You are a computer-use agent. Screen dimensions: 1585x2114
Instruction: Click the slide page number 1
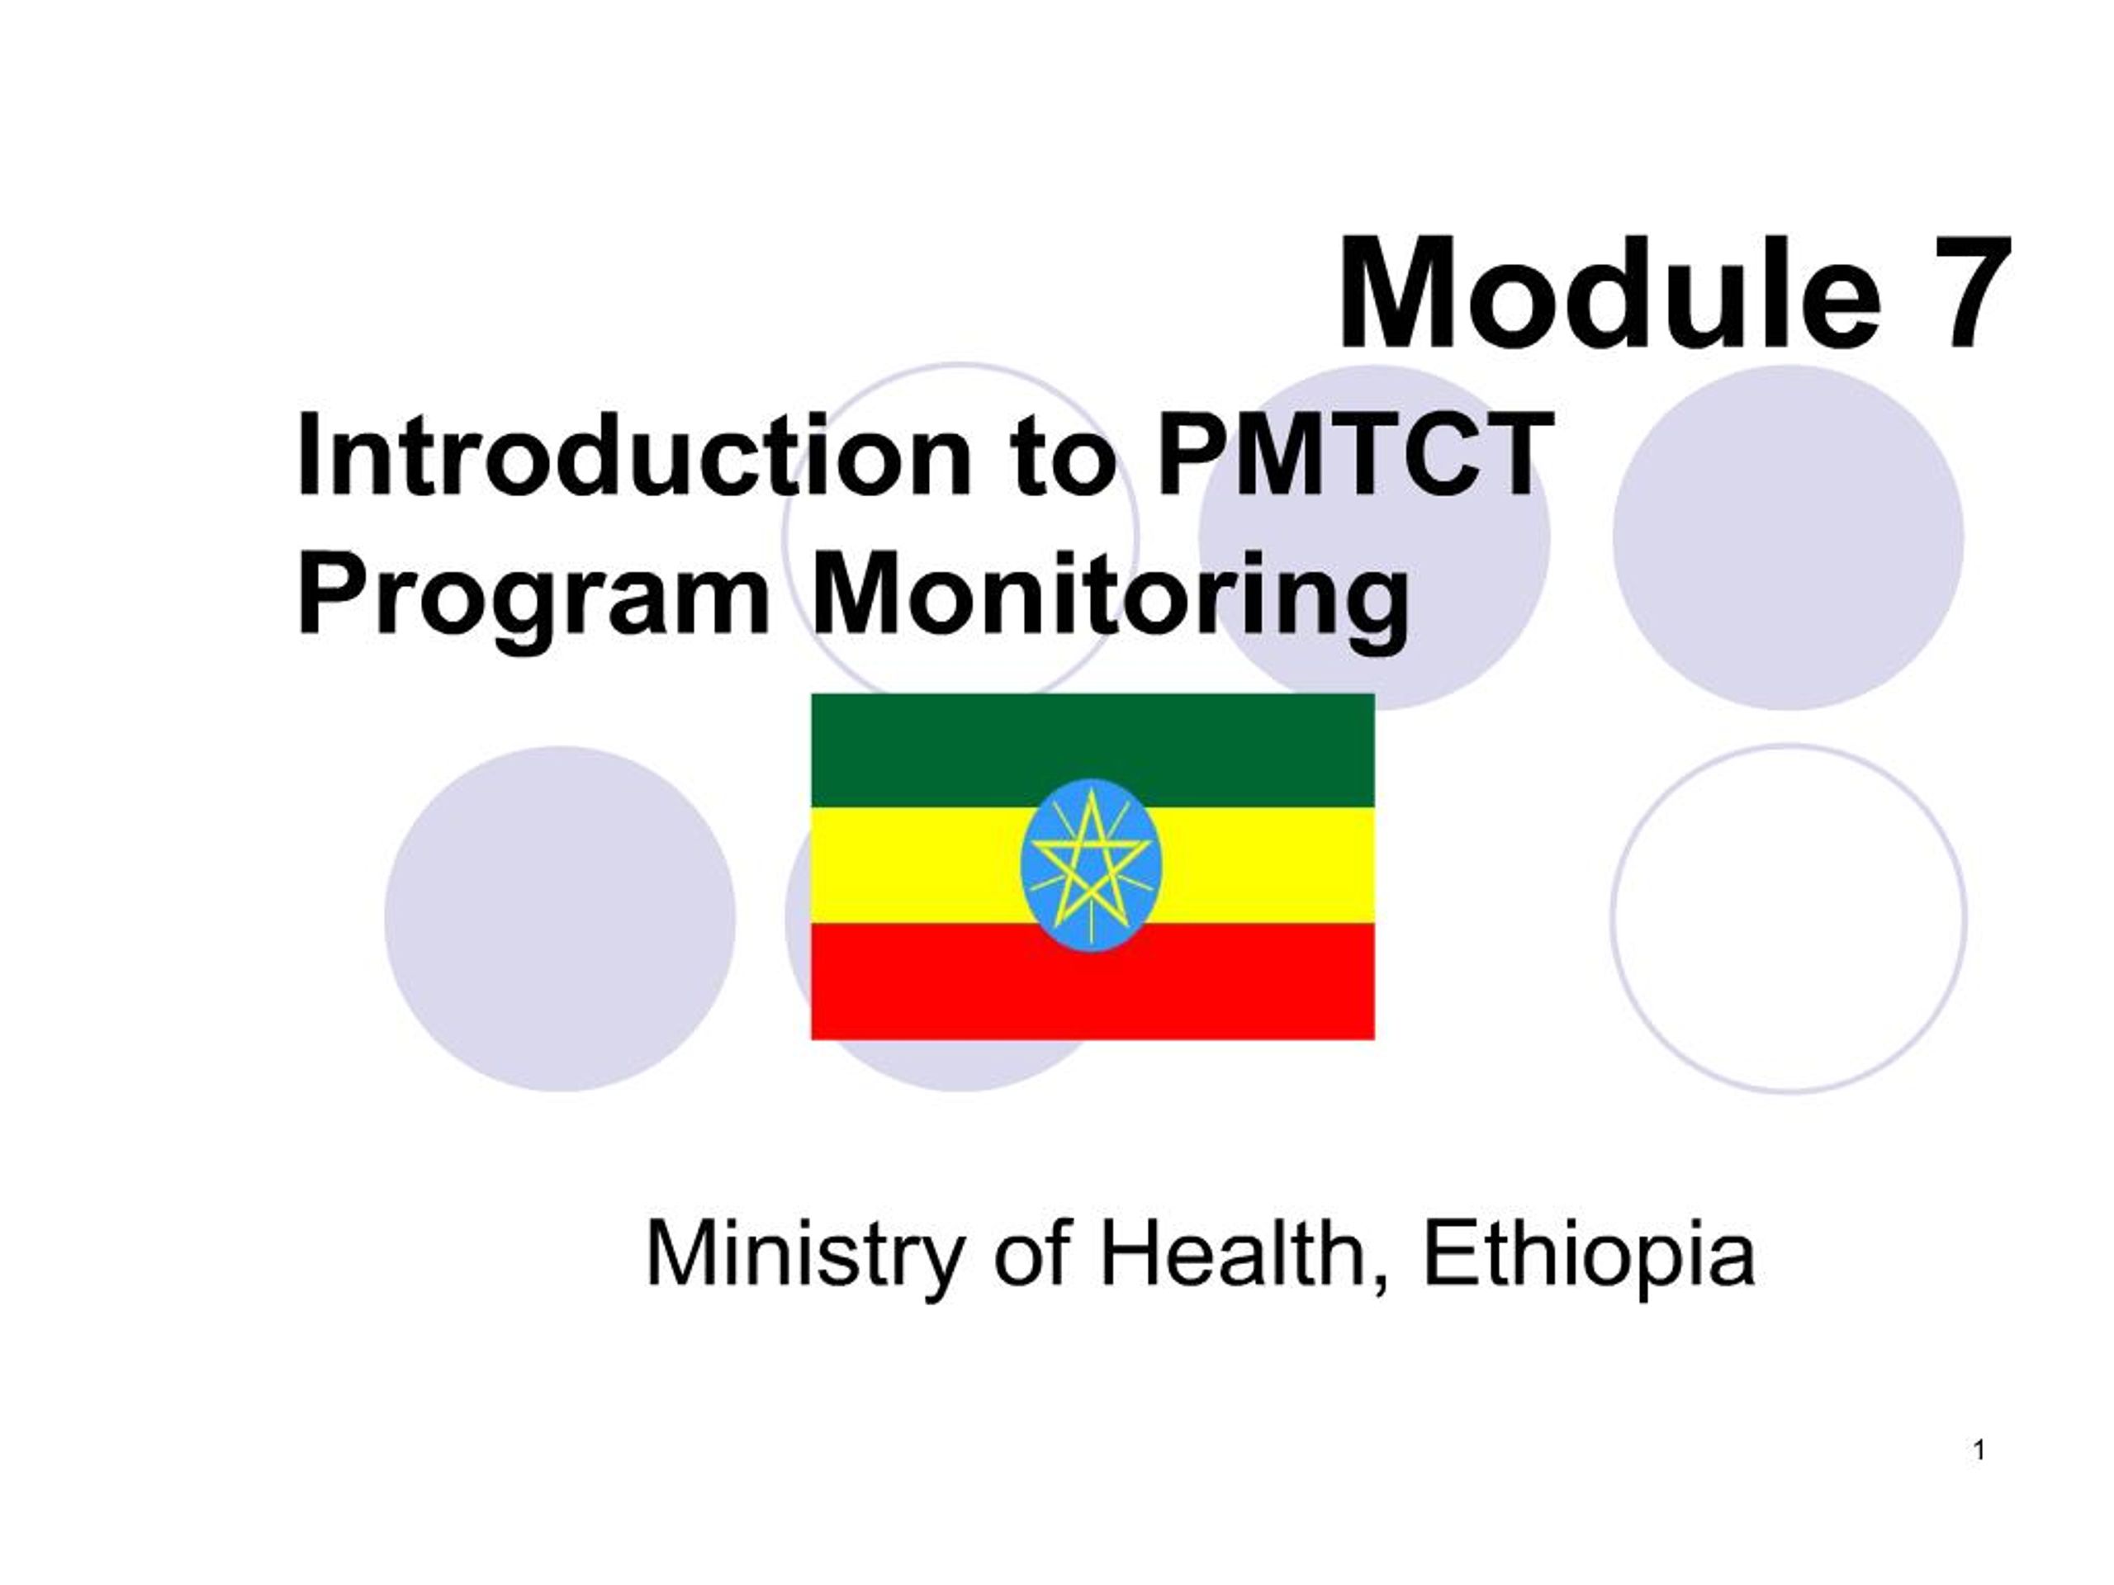click(1979, 1451)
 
